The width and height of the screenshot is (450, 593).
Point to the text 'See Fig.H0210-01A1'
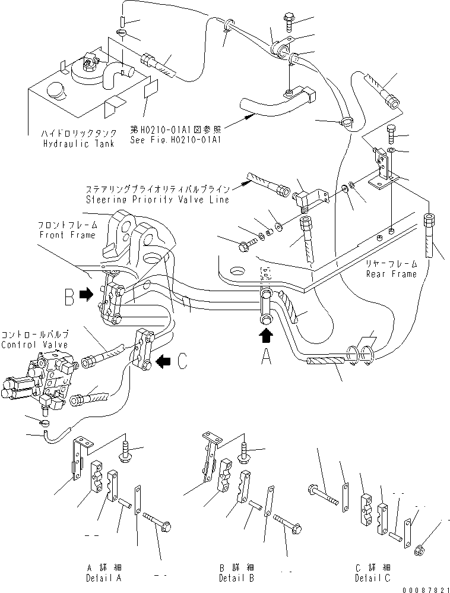click(x=167, y=141)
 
